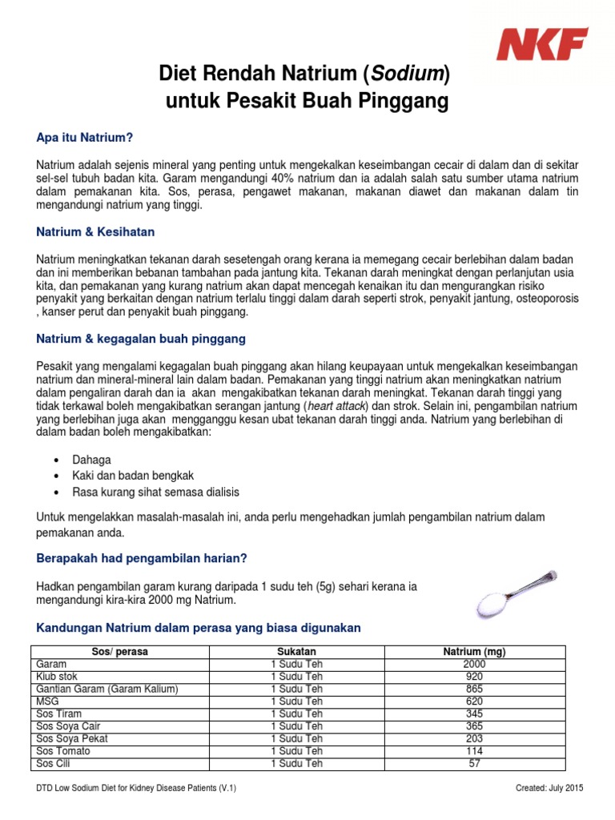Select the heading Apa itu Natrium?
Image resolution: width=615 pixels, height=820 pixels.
coord(84,138)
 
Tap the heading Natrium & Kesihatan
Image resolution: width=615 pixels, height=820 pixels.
coord(96,232)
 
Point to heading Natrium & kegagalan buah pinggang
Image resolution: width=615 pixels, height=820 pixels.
coord(141,339)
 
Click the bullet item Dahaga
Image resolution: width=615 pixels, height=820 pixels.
coord(91,460)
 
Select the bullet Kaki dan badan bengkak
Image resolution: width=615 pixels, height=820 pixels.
coord(133,476)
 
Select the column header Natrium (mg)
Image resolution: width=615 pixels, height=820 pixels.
coord(474,652)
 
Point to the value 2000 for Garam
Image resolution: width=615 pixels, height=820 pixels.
coord(474,665)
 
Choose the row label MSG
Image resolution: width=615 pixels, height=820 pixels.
coord(48,701)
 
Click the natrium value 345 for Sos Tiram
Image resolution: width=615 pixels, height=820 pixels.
coord(474,713)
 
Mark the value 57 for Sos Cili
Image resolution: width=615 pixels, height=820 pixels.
coord(474,763)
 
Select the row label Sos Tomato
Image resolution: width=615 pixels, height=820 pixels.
coord(64,751)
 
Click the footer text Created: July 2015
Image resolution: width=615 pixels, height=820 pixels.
coord(550,789)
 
